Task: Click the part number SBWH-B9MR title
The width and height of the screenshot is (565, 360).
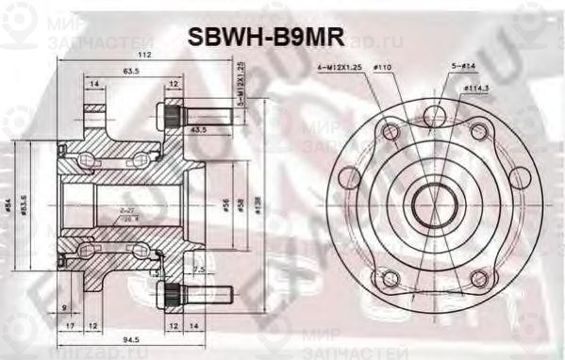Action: (266, 35)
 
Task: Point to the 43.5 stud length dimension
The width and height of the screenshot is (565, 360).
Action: (199, 129)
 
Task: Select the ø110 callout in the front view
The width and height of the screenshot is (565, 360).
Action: (383, 68)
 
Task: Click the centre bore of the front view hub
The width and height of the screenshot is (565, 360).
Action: (433, 200)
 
